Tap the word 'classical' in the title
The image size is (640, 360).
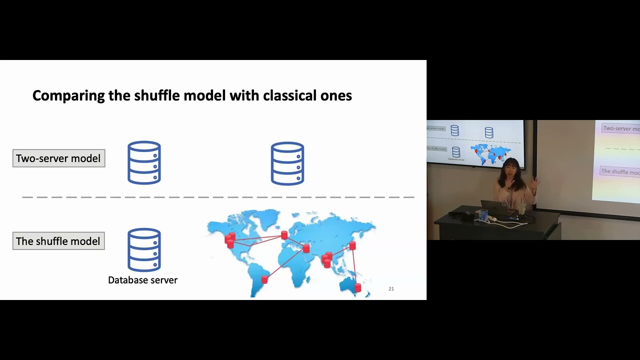coord(291,95)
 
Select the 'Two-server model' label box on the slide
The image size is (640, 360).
coord(59,158)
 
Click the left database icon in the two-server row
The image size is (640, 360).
coord(144,163)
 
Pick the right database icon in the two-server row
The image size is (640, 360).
coord(287,163)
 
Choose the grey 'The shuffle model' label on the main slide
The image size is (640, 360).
coord(58,241)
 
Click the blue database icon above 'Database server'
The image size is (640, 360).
coord(144,249)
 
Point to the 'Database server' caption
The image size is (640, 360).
coord(143,280)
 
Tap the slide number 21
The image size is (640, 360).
coord(391,289)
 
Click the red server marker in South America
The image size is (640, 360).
coord(264,279)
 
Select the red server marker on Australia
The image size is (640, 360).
coord(357,287)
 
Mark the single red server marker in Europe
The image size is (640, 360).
coord(284,235)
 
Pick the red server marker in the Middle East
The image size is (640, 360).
coord(306,248)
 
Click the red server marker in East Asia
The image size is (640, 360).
coord(352,245)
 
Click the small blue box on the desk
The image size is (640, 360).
coord(483,215)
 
